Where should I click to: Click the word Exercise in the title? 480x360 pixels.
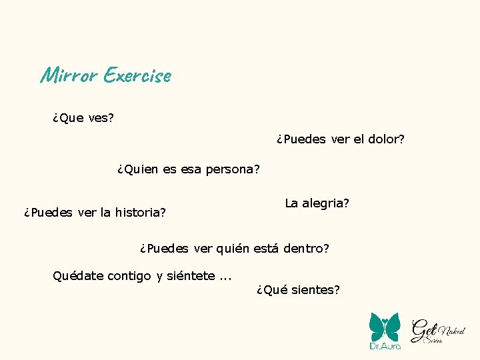point(137,75)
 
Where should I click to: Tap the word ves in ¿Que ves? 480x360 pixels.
point(100,118)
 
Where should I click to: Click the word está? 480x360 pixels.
point(265,249)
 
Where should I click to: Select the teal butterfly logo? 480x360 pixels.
point(385,326)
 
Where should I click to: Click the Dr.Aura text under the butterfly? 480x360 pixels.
point(385,346)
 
